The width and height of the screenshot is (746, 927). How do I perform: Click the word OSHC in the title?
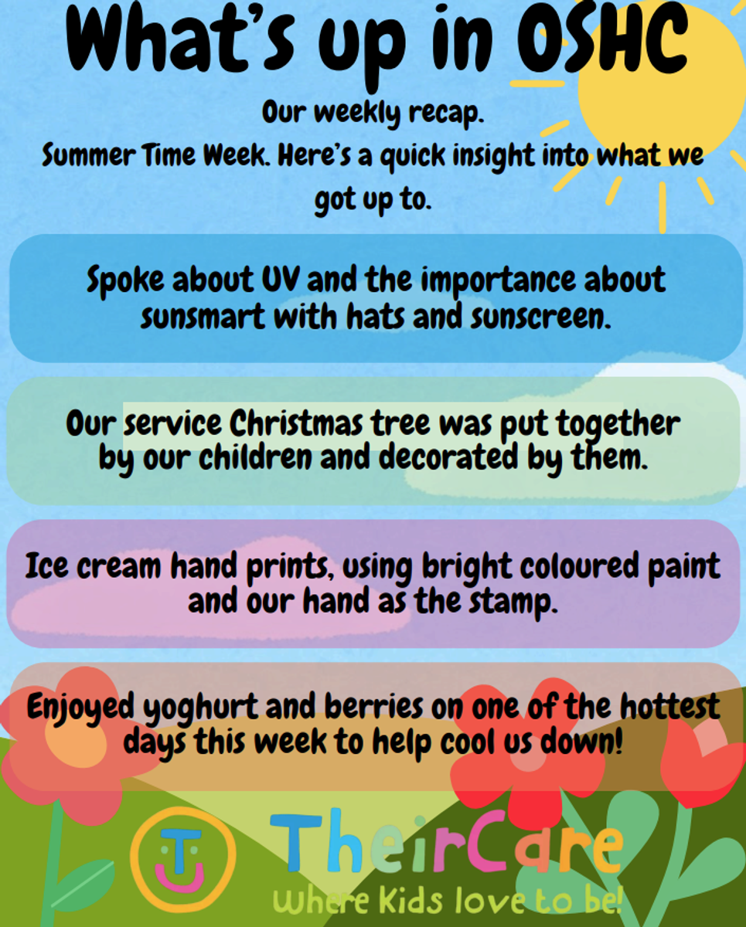click(602, 40)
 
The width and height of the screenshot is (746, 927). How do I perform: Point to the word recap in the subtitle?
click(446, 114)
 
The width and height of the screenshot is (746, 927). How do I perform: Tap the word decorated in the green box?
click(448, 457)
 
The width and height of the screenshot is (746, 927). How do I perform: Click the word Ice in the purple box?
click(46, 566)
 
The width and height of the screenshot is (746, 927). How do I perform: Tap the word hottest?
click(669, 706)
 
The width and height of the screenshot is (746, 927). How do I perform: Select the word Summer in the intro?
click(89, 155)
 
